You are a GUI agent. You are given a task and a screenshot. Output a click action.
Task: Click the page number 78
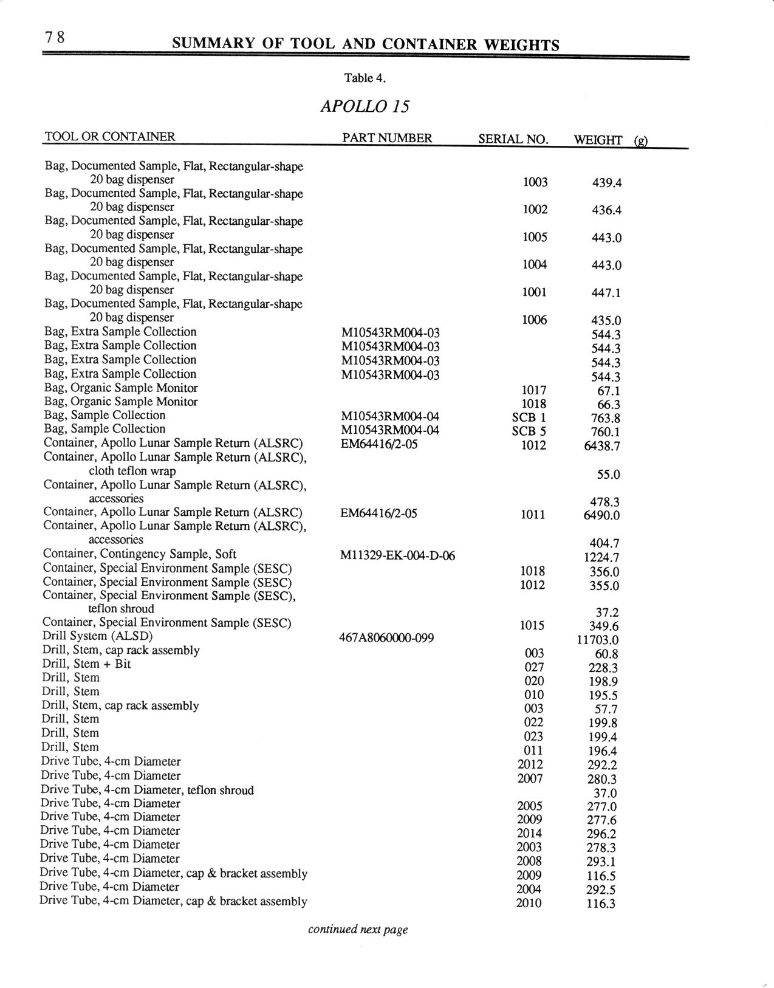click(x=54, y=38)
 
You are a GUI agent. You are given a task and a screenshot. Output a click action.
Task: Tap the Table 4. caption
click(x=365, y=78)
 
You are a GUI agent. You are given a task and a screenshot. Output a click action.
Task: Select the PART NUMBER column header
click(x=387, y=138)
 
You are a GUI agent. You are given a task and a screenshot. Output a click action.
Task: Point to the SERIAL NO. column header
click(x=513, y=139)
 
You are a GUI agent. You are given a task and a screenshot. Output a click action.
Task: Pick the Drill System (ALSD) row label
click(x=97, y=636)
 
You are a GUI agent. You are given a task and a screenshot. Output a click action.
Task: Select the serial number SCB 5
click(x=529, y=431)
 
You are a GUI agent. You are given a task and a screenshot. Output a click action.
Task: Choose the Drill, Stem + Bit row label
click(x=86, y=664)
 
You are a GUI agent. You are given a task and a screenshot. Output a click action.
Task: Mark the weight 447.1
click(x=606, y=293)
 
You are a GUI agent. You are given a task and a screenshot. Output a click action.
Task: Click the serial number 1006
click(x=535, y=320)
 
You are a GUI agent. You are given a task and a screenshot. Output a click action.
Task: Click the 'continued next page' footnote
click(x=358, y=929)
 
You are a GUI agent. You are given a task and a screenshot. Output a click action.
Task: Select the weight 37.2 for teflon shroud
click(x=607, y=612)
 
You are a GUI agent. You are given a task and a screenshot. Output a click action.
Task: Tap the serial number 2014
click(x=529, y=833)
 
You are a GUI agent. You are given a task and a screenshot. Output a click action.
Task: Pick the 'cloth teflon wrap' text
click(x=132, y=471)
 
